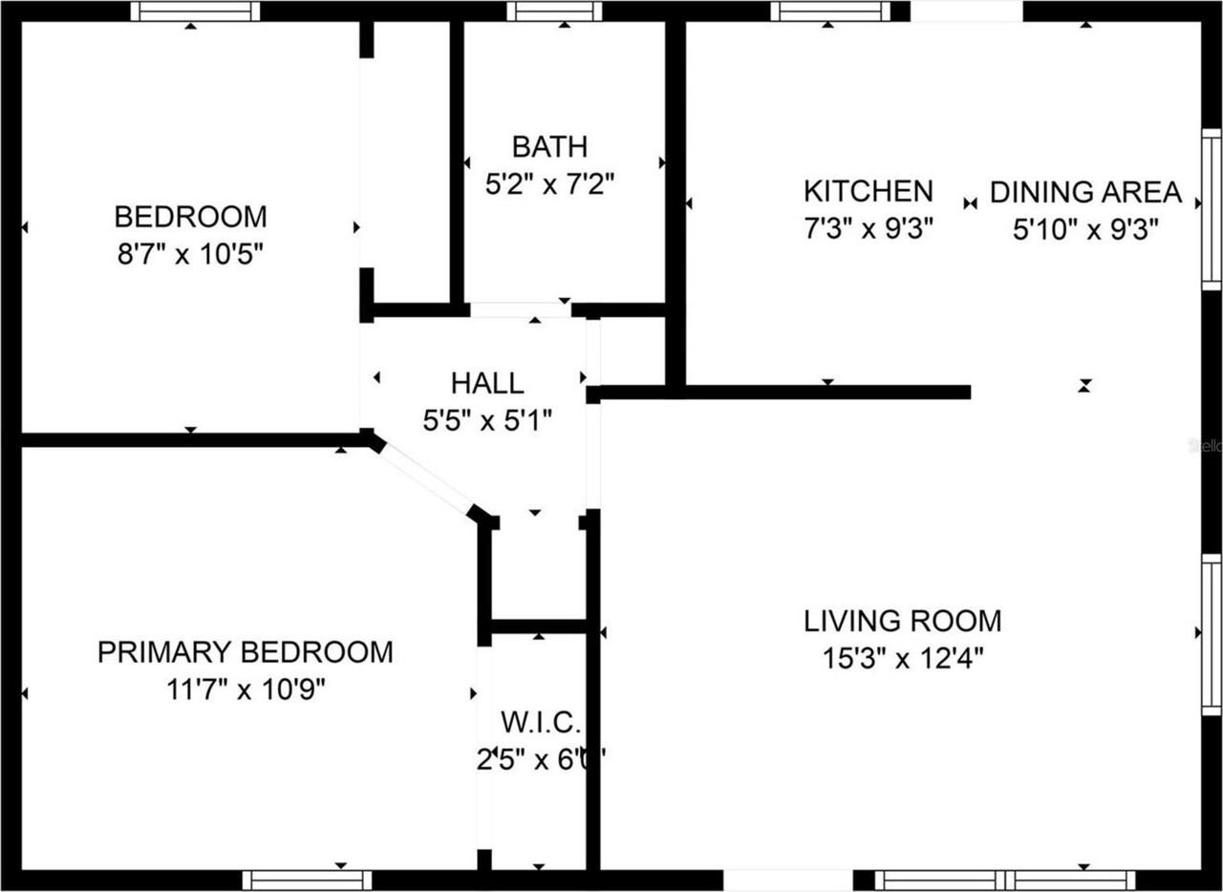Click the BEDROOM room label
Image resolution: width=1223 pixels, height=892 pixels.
[190, 216]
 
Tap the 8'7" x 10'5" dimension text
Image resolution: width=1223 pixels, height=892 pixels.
[189, 253]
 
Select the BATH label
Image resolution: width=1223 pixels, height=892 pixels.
[548, 147]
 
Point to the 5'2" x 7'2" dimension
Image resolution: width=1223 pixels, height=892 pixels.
[548, 183]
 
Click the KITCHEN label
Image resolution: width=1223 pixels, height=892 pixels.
[868, 191]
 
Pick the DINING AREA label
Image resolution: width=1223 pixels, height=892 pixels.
[1085, 192]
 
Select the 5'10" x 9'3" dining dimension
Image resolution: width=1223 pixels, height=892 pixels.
[1085, 229]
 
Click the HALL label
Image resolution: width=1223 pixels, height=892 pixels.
[487, 383]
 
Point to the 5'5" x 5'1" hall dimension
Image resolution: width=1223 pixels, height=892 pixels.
[487, 420]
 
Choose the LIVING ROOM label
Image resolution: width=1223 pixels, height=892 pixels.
[903, 621]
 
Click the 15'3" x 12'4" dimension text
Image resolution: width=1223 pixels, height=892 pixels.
[903, 658]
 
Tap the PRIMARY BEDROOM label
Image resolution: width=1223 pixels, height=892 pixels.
[246, 652]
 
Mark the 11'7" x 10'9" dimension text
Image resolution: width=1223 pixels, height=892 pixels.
[246, 690]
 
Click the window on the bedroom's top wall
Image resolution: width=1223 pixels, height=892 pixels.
[195, 11]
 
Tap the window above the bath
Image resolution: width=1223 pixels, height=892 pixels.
[554, 11]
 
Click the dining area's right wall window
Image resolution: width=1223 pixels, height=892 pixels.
[1211, 210]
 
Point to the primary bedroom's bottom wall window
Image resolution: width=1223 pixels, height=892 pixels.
[307, 880]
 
